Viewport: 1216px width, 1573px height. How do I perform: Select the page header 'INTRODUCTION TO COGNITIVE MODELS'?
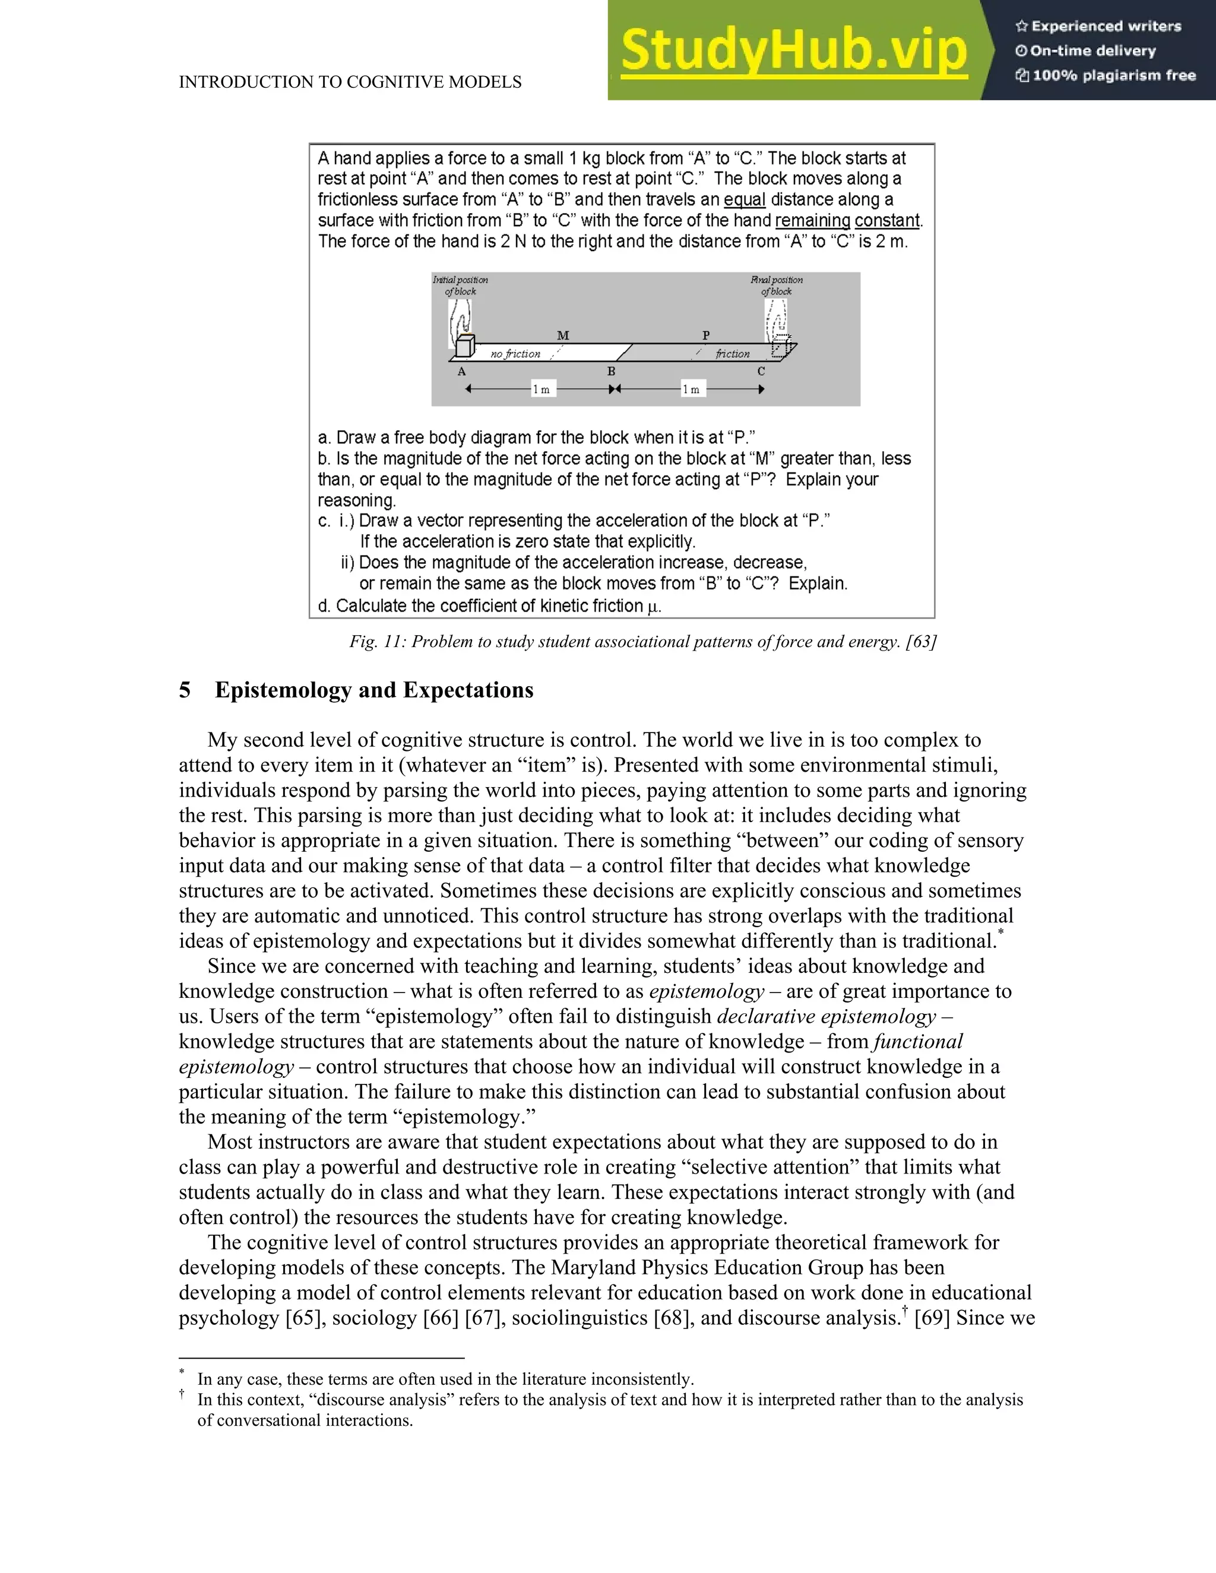(350, 82)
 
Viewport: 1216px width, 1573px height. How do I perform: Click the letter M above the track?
(563, 335)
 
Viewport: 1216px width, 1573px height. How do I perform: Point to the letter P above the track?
(706, 335)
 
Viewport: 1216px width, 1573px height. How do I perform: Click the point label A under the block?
(462, 372)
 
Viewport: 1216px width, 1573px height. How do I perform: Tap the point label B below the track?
(611, 372)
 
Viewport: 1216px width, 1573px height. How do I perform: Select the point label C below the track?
(761, 372)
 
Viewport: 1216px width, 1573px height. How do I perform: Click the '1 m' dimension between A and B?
(541, 389)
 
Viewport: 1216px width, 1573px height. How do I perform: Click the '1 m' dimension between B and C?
(691, 389)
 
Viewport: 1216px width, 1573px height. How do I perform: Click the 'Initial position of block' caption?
(460, 285)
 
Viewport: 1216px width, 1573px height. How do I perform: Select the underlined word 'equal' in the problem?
(744, 199)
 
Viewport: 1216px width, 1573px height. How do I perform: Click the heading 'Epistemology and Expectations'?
(374, 690)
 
